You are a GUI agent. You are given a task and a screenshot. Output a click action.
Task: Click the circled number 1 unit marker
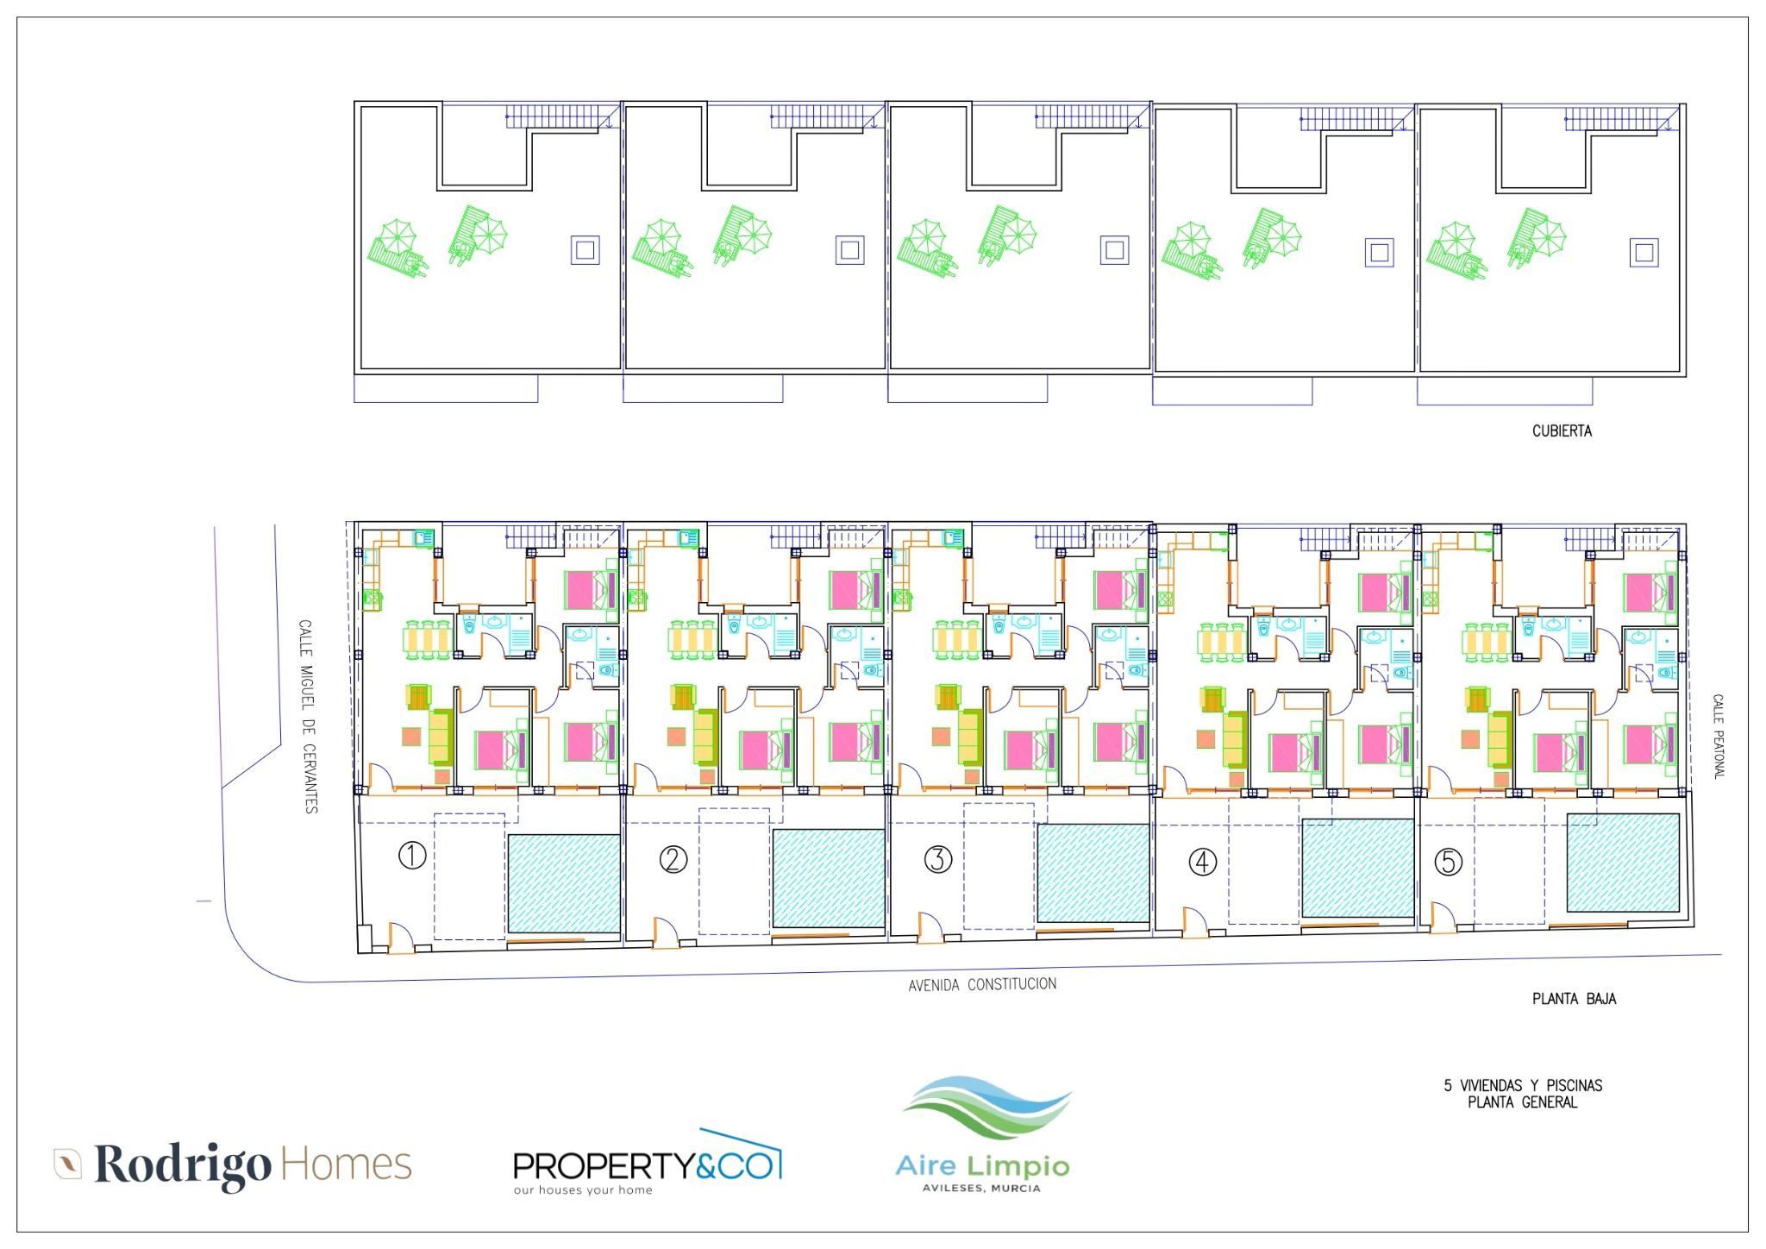[412, 856]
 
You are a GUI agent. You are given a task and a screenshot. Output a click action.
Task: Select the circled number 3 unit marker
[938, 859]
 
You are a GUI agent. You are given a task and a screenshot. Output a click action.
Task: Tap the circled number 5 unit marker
[1448, 862]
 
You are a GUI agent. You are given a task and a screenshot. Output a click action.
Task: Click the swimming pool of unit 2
[829, 878]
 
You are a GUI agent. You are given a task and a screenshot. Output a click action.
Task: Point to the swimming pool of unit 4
[1358, 868]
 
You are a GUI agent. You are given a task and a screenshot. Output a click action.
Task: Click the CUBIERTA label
[1562, 430]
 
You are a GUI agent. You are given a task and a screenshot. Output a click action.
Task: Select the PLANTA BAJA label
[1574, 999]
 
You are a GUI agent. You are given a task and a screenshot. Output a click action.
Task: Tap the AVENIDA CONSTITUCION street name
[982, 984]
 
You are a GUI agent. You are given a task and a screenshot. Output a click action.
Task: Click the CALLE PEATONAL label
[1718, 737]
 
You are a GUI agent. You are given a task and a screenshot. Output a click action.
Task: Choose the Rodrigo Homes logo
[233, 1165]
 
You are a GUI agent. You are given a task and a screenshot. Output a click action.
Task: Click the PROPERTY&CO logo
[648, 1163]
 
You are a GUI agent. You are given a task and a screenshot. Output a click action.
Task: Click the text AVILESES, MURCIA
[981, 1189]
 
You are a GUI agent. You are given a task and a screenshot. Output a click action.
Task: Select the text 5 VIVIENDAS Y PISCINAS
[1523, 1086]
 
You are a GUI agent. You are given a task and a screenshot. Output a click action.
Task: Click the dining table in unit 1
[427, 639]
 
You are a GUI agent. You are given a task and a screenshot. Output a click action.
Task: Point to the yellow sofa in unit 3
[970, 737]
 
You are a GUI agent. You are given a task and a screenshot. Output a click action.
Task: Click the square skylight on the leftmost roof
[585, 250]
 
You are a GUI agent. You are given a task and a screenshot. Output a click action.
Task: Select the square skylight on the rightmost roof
[1644, 253]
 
